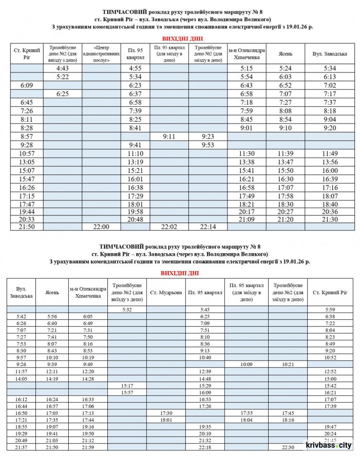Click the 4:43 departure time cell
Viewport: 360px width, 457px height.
pyautogui.click(x=63, y=68)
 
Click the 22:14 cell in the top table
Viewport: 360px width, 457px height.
pyautogui.click(x=208, y=226)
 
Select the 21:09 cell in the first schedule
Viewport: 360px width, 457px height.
pyautogui.click(x=246, y=219)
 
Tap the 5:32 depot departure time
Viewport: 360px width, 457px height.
pyautogui.click(x=127, y=310)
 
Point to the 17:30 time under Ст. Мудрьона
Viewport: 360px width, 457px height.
pyautogui.click(x=166, y=412)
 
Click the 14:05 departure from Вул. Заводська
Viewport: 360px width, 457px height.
pyautogui.click(x=22, y=378)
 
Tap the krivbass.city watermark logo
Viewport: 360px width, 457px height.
pyautogui.click(x=329, y=446)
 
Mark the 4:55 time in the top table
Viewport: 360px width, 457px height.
pyautogui.click(x=136, y=68)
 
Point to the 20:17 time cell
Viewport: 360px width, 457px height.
pyautogui.click(x=246, y=211)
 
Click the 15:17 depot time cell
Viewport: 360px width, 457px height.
pyautogui.click(x=127, y=385)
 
